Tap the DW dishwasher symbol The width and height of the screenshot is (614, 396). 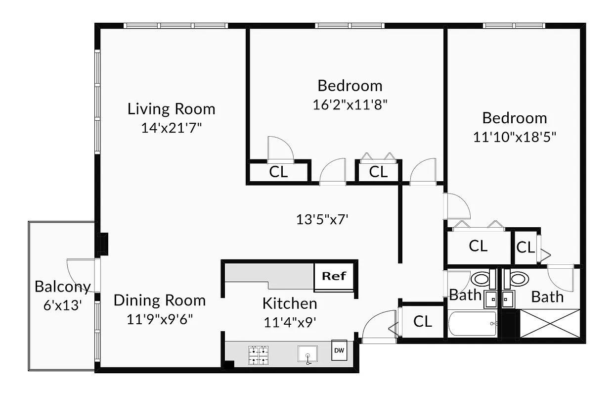coord(339,351)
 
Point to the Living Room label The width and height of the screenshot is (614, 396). coord(171,109)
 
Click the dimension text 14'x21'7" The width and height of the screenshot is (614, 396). coord(171,128)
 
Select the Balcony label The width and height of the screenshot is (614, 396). coord(62,287)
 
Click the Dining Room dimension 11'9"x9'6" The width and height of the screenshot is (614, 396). coord(159,319)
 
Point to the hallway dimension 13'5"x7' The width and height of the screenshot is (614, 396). coord(322,219)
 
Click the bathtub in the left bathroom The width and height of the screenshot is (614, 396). coord(473,324)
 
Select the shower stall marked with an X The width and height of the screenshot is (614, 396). coord(550,324)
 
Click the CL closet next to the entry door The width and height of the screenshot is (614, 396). coord(422,321)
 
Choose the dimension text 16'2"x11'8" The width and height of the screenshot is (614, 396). coord(350,104)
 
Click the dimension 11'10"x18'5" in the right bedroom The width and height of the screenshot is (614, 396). coord(515,137)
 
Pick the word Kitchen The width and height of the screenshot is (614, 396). coord(289,303)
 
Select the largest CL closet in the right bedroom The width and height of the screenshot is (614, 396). coord(478,246)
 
